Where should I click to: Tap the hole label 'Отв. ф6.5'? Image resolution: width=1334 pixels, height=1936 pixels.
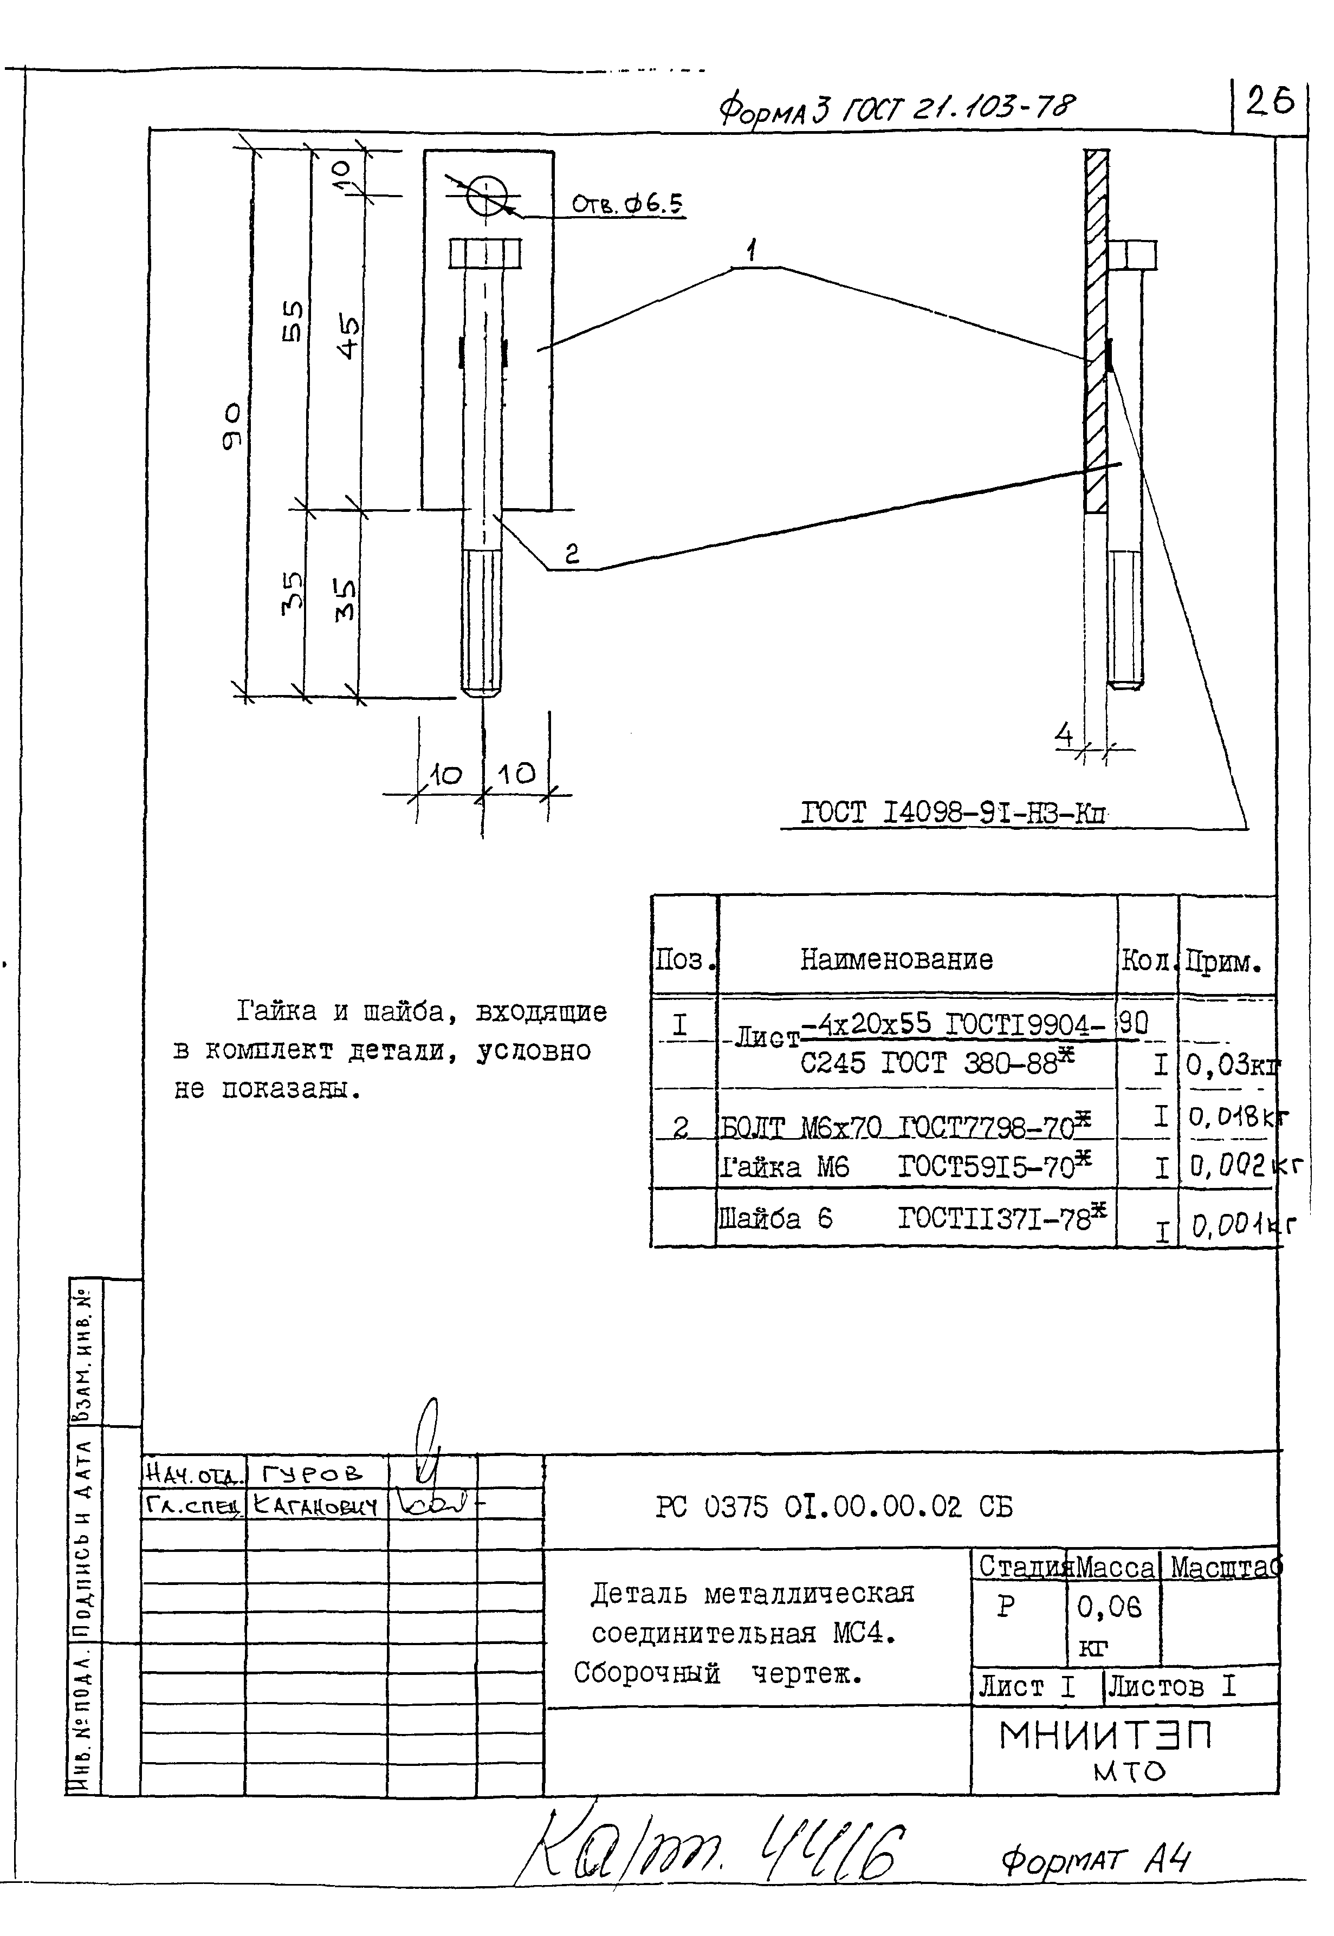[x=627, y=204]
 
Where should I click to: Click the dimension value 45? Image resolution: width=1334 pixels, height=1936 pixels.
[x=348, y=336]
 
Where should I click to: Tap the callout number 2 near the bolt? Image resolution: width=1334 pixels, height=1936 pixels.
[x=572, y=553]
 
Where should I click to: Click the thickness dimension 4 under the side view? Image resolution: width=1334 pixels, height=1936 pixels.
[x=1064, y=735]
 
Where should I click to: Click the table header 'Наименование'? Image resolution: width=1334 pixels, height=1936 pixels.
[x=896, y=959]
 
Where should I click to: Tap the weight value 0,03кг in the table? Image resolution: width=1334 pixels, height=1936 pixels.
[x=1231, y=1066]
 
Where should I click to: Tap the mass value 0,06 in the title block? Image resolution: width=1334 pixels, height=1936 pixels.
[x=1108, y=1607]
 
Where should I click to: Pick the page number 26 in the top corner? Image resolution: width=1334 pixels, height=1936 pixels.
[x=1270, y=101]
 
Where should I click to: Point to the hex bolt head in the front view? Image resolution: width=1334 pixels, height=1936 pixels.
[x=485, y=253]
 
